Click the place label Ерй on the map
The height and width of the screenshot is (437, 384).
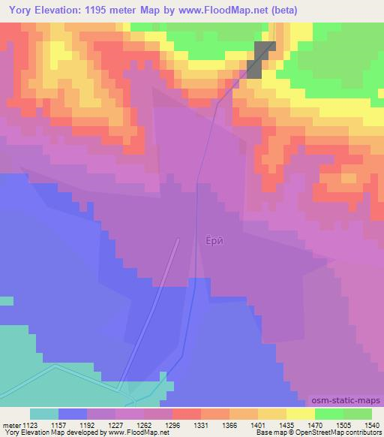(x=214, y=241)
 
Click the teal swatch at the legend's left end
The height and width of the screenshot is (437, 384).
(x=44, y=414)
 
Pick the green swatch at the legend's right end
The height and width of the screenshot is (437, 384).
(x=357, y=414)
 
